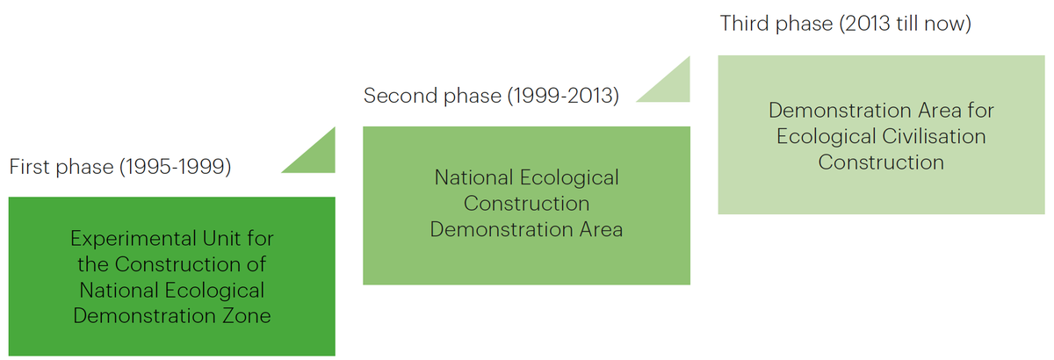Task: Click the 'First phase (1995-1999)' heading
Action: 120,167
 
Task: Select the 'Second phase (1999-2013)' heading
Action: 491,96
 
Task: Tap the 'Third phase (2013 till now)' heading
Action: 846,24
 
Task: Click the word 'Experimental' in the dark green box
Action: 133,239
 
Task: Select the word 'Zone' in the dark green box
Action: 247,316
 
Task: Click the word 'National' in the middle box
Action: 473,178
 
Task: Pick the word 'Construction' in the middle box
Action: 526,204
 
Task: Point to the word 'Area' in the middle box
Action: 601,230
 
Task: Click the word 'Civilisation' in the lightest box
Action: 934,136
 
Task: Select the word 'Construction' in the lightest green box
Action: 881,162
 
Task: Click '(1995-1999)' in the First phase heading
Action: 176,167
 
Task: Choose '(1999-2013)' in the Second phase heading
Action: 563,96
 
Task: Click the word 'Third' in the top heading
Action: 745,24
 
